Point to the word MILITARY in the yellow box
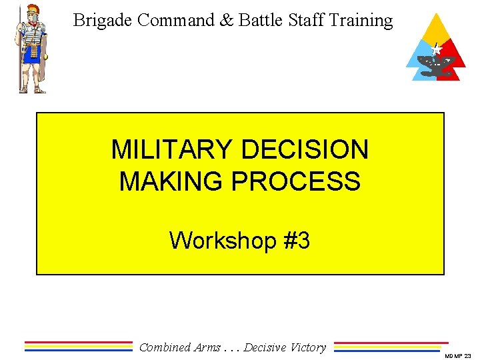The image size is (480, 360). [173, 150]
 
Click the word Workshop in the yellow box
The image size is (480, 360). [223, 240]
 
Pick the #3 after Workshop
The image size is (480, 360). [296, 240]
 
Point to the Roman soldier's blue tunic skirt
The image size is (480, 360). [31, 55]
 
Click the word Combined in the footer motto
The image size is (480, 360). [165, 347]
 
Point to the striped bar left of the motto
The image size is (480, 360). [79, 346]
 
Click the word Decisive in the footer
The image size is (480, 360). [265, 347]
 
